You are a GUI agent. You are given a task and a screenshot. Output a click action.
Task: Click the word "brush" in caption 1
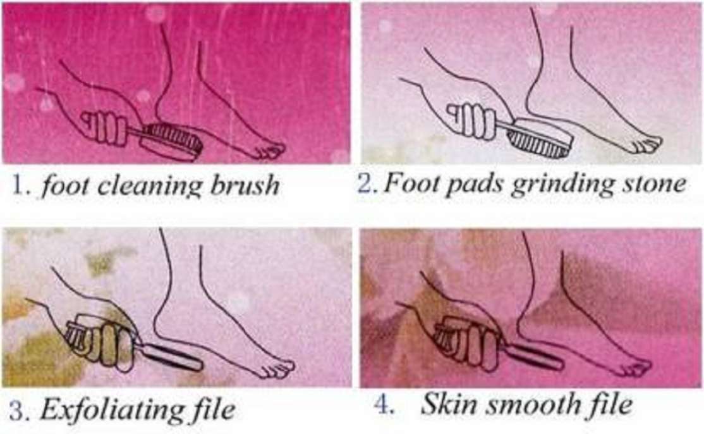pos(245,185)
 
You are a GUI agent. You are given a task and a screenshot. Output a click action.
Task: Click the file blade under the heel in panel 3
pos(171,357)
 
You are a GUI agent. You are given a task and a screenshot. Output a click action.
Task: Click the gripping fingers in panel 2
pos(470,120)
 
